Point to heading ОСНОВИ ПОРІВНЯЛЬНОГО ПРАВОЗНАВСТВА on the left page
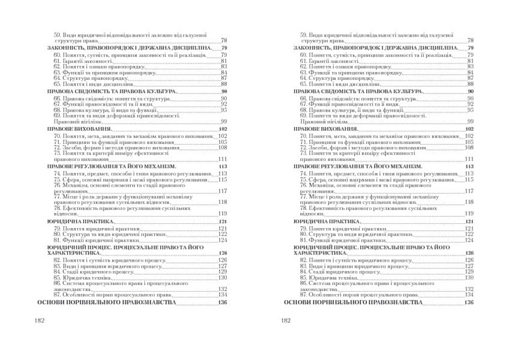(x=118, y=302)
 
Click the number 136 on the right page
(x=469, y=302)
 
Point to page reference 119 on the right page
(x=469, y=214)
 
